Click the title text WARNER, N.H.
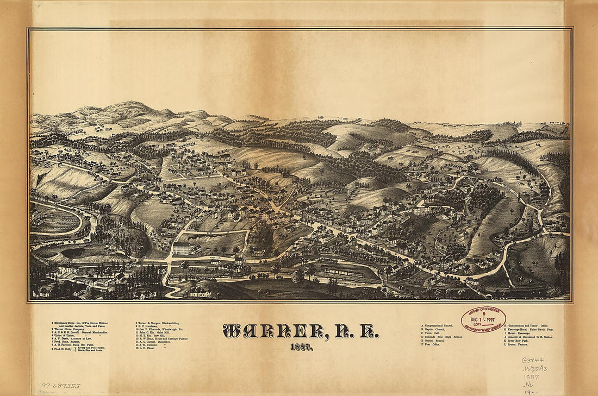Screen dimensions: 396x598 click(x=300, y=331)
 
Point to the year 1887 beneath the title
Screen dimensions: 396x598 click(x=300, y=347)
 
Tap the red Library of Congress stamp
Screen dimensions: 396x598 click(x=483, y=319)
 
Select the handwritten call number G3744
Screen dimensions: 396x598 click(x=533, y=360)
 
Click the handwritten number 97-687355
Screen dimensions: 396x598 click(x=61, y=386)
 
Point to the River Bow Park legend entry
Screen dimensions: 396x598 click(x=522, y=341)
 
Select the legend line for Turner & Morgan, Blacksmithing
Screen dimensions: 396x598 click(x=158, y=323)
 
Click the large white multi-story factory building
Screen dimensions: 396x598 click(x=182, y=249)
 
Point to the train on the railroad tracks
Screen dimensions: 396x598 click(x=337, y=271)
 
